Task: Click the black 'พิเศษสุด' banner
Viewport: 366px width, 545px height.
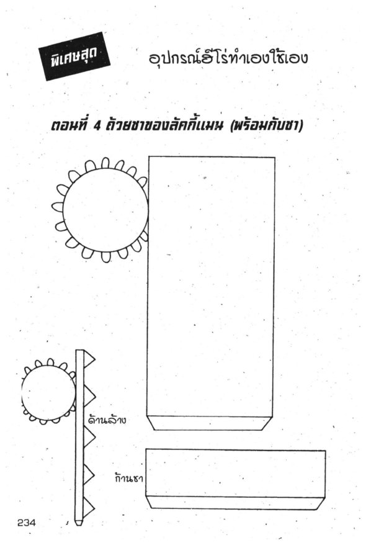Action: point(74,56)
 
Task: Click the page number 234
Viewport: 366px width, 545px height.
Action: point(27,523)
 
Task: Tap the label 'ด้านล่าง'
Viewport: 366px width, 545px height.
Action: point(107,420)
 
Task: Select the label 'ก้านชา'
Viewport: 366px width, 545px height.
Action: point(129,478)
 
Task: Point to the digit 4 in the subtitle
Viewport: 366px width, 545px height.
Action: point(97,125)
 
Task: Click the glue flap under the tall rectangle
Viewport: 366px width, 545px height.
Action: point(209,423)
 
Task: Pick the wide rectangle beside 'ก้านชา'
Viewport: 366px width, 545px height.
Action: point(236,473)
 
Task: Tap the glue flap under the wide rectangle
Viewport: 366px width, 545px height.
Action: point(235,503)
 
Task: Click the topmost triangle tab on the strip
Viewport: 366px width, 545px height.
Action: point(89,359)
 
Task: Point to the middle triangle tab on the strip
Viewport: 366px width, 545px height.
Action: point(89,438)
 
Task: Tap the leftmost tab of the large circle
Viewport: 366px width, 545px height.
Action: point(58,207)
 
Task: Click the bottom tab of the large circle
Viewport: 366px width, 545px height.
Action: point(105,257)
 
